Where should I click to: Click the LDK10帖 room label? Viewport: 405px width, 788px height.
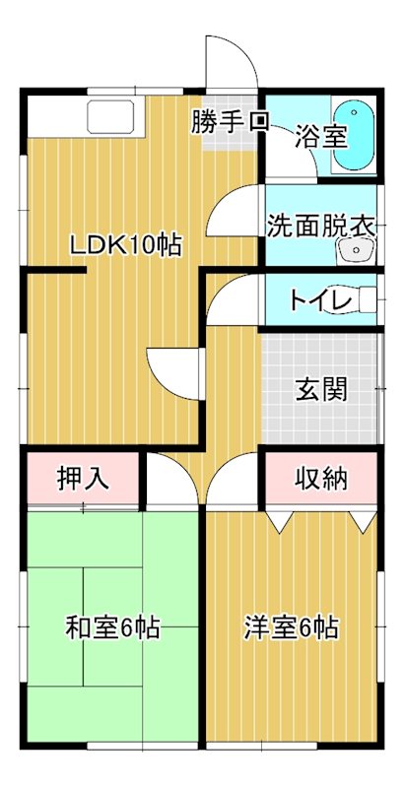125,246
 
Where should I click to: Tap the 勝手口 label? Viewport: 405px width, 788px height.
230,123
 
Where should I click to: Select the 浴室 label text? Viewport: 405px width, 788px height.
323,135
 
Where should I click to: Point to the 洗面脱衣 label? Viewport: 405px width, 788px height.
320,224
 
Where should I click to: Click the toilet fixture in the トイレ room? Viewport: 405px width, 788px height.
366,299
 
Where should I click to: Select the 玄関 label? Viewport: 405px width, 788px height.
321,389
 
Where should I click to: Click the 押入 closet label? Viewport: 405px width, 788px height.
82,480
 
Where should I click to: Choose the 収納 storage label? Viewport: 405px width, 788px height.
321,480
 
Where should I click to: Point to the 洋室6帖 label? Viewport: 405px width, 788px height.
293,626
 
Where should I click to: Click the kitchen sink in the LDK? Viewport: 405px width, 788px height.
116,116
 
